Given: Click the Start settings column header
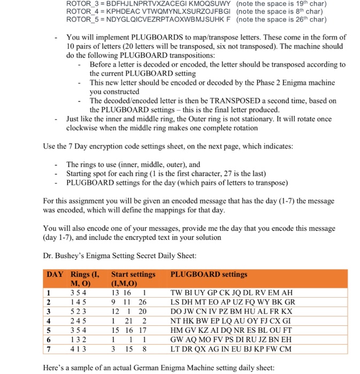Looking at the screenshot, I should pyautogui.click(x=133, y=274).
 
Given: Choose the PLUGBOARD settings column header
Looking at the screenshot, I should pyautogui.click(x=208, y=274).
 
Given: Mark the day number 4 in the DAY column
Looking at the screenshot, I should pyautogui.click(x=49, y=321).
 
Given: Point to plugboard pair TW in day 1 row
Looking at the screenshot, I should pyautogui.click(x=176, y=292).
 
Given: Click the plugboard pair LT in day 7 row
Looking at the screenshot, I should pyautogui.click(x=175, y=349).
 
